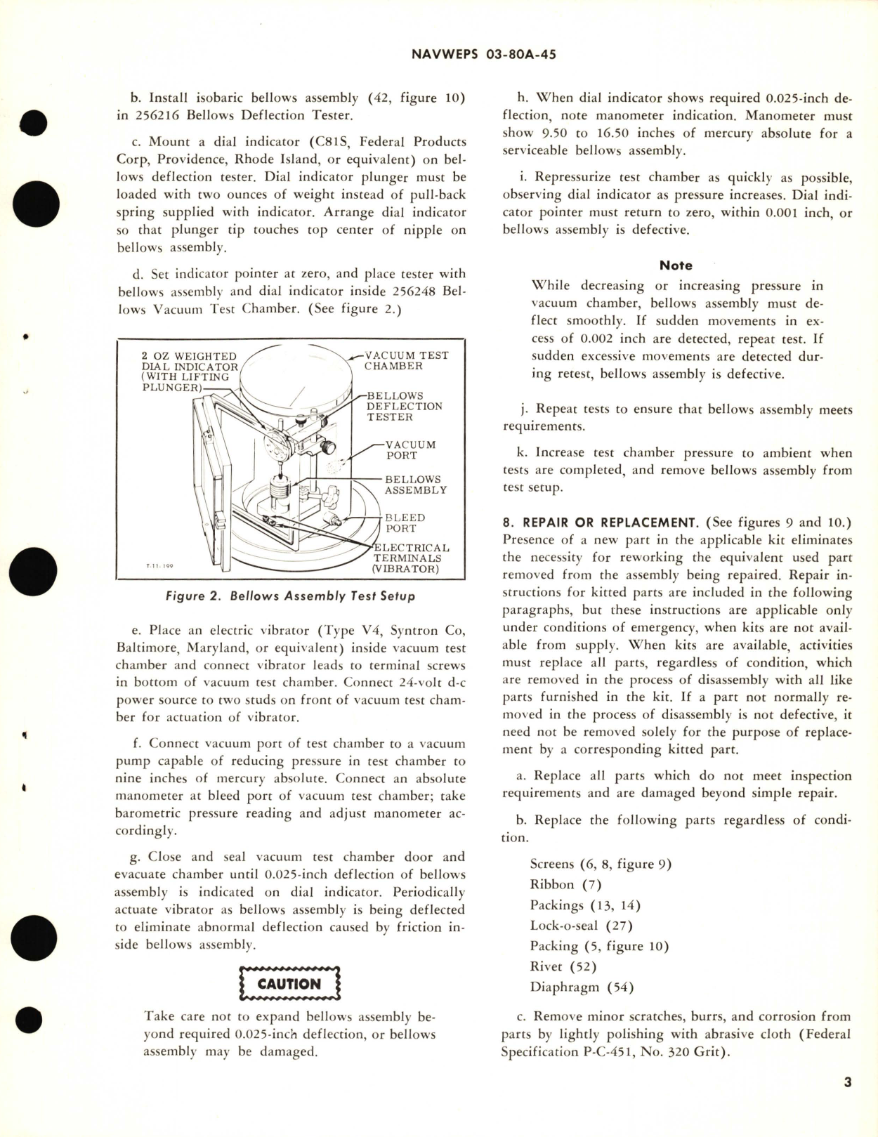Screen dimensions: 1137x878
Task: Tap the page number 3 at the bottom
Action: tap(847, 1102)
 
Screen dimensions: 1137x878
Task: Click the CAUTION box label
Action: tap(289, 984)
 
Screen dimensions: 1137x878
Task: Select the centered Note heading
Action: tap(676, 265)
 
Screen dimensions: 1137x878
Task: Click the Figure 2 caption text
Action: tap(290, 596)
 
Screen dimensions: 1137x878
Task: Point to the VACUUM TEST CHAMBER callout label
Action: tap(406, 360)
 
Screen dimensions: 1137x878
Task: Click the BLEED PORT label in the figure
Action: tap(405, 523)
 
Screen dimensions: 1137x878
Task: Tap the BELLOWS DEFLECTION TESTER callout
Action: tap(404, 407)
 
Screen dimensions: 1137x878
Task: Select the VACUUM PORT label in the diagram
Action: tap(411, 450)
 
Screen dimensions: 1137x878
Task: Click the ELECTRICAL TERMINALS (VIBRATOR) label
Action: tap(411, 558)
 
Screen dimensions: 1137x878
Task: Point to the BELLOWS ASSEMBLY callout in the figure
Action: tap(415, 485)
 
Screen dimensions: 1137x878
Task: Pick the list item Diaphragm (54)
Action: tap(582, 987)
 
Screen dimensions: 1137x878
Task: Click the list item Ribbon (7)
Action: tap(565, 885)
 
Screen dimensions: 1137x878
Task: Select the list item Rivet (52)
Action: tap(563, 966)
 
